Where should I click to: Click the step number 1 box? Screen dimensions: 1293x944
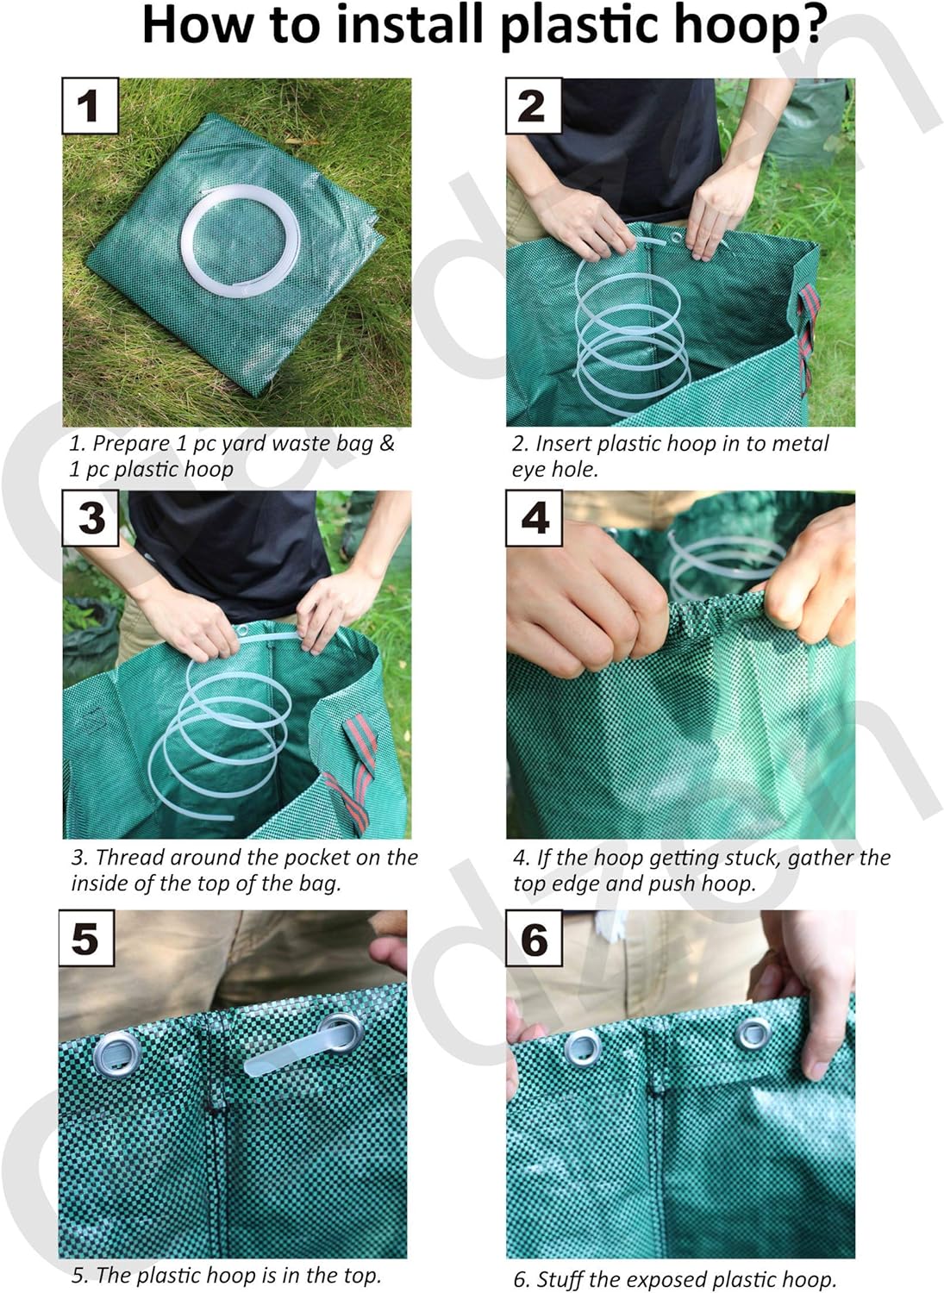point(90,106)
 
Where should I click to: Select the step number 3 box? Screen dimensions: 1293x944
point(91,518)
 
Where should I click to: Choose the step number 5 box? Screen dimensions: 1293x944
point(86,938)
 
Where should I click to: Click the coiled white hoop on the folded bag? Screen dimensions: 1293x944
point(242,245)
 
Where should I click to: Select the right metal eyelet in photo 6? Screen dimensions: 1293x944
point(753,1033)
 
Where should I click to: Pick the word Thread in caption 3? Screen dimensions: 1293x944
point(130,858)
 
